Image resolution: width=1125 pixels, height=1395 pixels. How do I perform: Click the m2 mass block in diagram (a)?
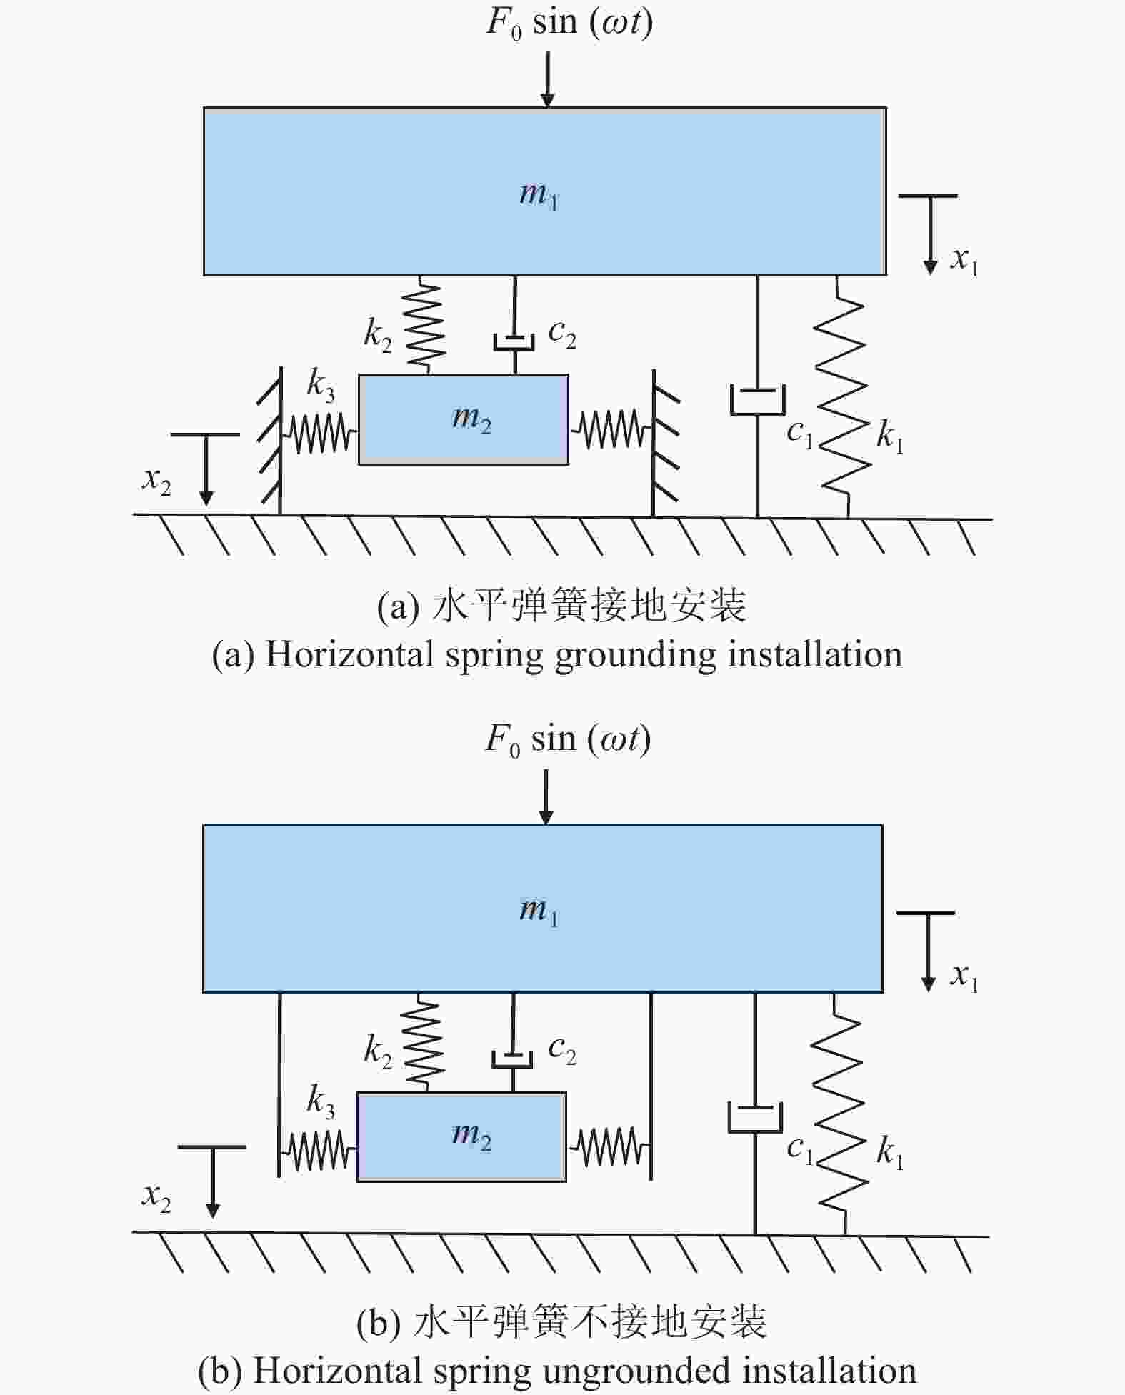tap(464, 419)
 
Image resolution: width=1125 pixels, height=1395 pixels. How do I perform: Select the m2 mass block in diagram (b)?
tap(461, 1136)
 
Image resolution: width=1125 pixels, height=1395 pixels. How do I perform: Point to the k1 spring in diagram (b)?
tap(840, 1114)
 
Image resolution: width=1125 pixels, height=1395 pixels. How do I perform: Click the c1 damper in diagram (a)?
tap(758, 396)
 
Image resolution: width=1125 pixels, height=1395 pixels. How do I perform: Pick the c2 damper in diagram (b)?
tap(513, 1042)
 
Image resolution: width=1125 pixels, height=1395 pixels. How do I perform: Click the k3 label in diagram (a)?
tap(321, 386)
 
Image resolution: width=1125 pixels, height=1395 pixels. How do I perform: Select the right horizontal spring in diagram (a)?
tap(611, 429)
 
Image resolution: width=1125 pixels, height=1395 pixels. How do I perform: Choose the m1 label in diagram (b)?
tap(539, 911)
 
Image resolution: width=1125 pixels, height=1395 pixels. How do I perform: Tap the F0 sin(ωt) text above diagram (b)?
tap(569, 739)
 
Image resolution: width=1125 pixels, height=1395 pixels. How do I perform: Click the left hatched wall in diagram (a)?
tap(270, 440)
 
